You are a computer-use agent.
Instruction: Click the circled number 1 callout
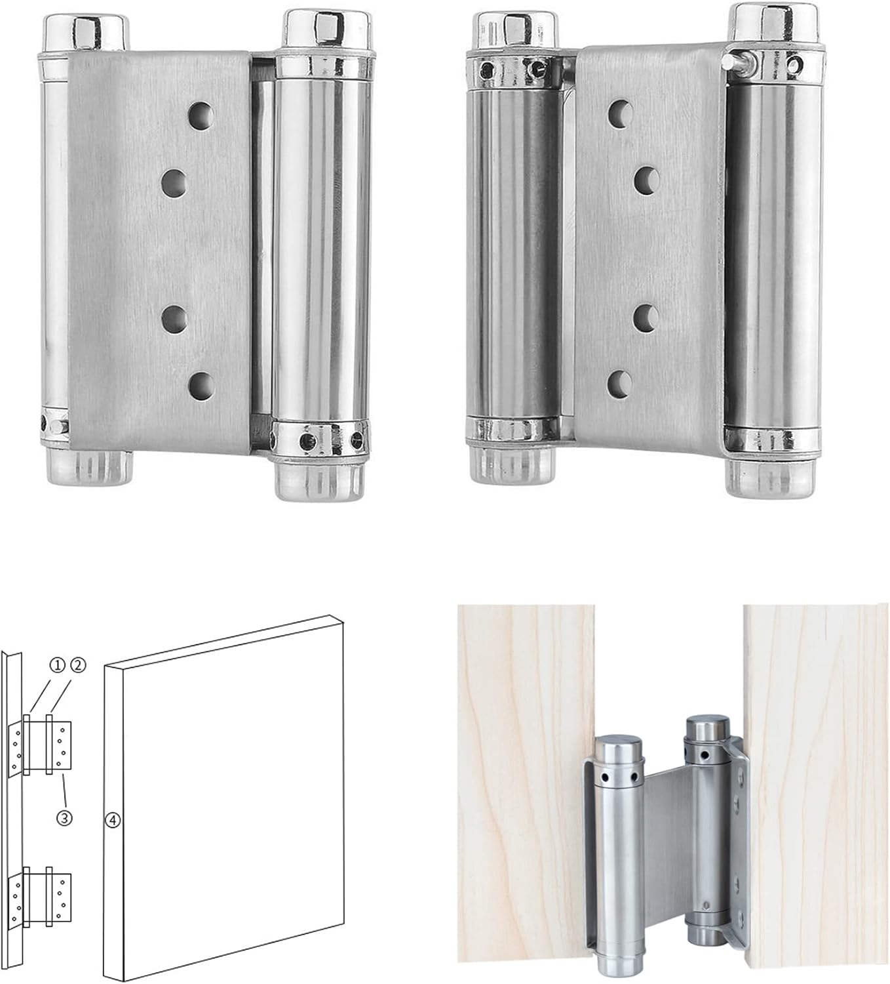point(56,666)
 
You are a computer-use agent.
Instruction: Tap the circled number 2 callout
point(79,666)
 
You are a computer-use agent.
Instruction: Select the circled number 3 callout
point(65,818)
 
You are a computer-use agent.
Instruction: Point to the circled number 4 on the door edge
point(113,820)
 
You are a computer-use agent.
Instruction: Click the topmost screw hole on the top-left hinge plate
point(201,115)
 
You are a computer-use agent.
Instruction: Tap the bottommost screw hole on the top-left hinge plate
point(201,386)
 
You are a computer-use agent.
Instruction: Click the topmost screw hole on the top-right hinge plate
point(621,113)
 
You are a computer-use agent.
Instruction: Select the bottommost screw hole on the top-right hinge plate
point(620,384)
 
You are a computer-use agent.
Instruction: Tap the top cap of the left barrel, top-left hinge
point(86,33)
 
